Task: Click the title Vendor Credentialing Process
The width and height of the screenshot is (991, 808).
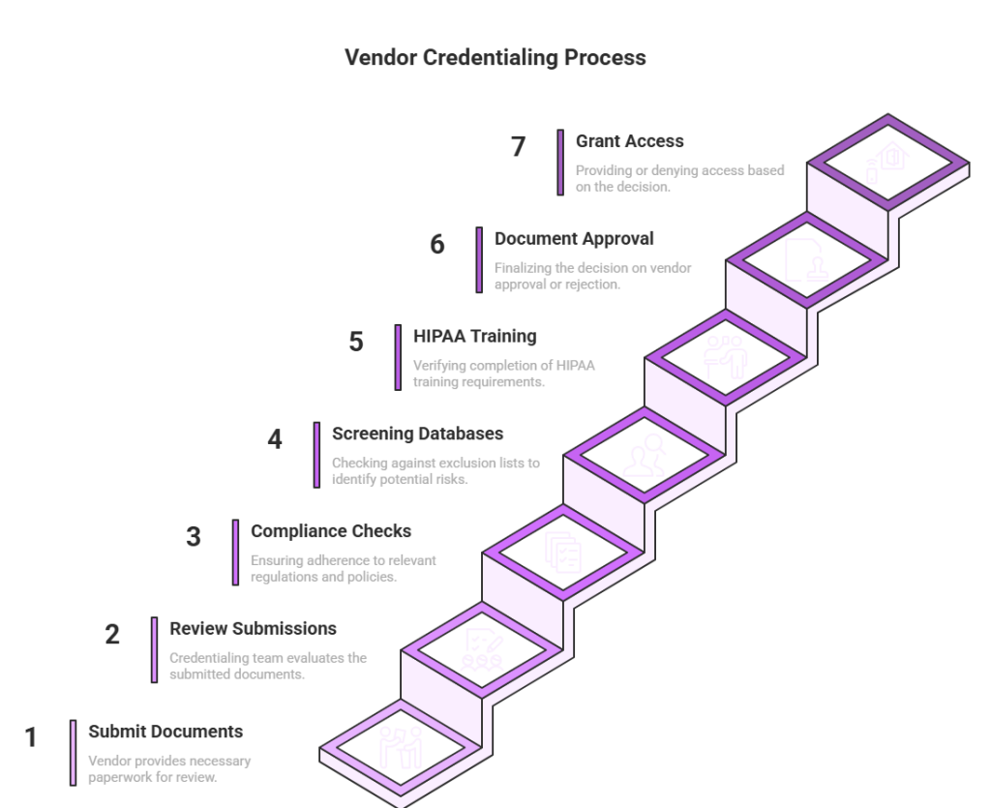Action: pos(495,59)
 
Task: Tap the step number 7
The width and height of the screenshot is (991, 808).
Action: pos(519,147)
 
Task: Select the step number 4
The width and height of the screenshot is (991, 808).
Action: pos(275,439)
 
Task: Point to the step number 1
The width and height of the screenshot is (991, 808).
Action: pos(31,738)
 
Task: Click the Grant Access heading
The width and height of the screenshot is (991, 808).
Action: pos(629,141)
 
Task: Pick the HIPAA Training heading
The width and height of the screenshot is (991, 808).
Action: pos(475,337)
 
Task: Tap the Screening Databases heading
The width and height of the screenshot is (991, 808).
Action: pos(418,434)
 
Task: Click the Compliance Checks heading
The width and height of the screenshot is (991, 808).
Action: pos(332,531)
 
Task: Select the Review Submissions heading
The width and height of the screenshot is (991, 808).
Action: pos(254,628)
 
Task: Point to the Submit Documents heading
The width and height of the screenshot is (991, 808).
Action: pos(165,732)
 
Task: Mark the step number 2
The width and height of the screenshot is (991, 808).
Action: pos(113,635)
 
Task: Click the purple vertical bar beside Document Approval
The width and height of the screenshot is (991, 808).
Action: pos(478,260)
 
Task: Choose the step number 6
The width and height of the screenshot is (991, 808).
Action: pos(437,245)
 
